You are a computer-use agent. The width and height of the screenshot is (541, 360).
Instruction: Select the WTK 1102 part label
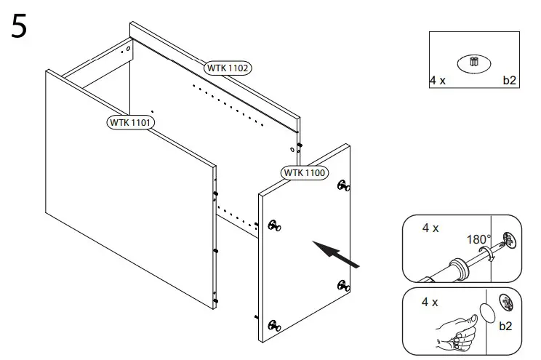228,68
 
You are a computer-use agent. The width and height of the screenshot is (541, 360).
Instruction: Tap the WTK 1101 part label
130,122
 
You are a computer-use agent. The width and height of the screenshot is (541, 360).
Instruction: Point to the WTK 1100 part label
304,172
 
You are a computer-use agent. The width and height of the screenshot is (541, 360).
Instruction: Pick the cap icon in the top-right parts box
474,63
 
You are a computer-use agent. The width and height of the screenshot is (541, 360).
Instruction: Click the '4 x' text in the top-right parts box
438,81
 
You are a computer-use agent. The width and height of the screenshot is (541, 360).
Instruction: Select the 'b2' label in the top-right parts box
509,81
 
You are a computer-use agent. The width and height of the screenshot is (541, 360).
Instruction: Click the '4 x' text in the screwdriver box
430,228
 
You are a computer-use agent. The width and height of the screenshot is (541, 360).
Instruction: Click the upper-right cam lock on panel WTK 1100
343,187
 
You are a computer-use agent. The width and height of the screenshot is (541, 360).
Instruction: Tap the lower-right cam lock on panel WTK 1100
343,284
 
